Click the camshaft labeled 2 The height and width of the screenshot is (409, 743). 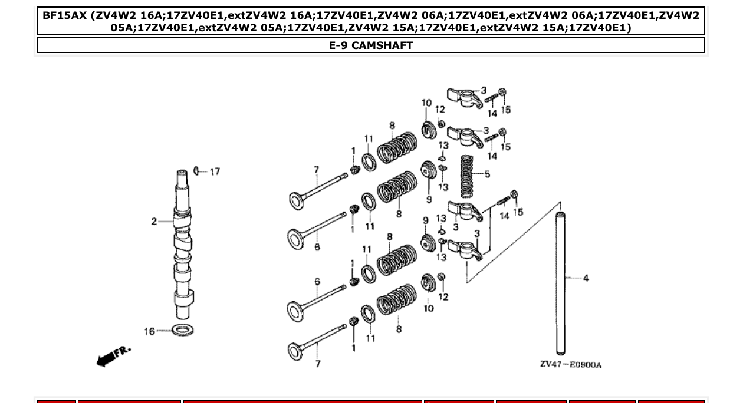click(x=183, y=248)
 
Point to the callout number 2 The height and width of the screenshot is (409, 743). click(x=154, y=222)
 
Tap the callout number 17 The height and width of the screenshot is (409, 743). click(x=215, y=171)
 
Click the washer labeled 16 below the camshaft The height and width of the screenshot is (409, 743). click(x=183, y=329)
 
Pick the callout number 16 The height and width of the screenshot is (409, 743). click(x=150, y=331)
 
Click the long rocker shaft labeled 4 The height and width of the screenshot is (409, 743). click(x=561, y=283)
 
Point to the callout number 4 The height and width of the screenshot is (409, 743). click(x=586, y=278)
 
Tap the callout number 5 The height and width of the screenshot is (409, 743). click(x=487, y=174)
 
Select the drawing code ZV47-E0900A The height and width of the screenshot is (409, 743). click(x=570, y=364)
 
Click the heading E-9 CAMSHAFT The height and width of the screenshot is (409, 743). click(x=371, y=45)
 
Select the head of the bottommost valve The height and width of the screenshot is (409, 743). click(x=295, y=351)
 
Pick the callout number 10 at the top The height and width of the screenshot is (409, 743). click(x=426, y=103)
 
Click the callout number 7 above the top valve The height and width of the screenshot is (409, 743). click(x=316, y=170)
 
